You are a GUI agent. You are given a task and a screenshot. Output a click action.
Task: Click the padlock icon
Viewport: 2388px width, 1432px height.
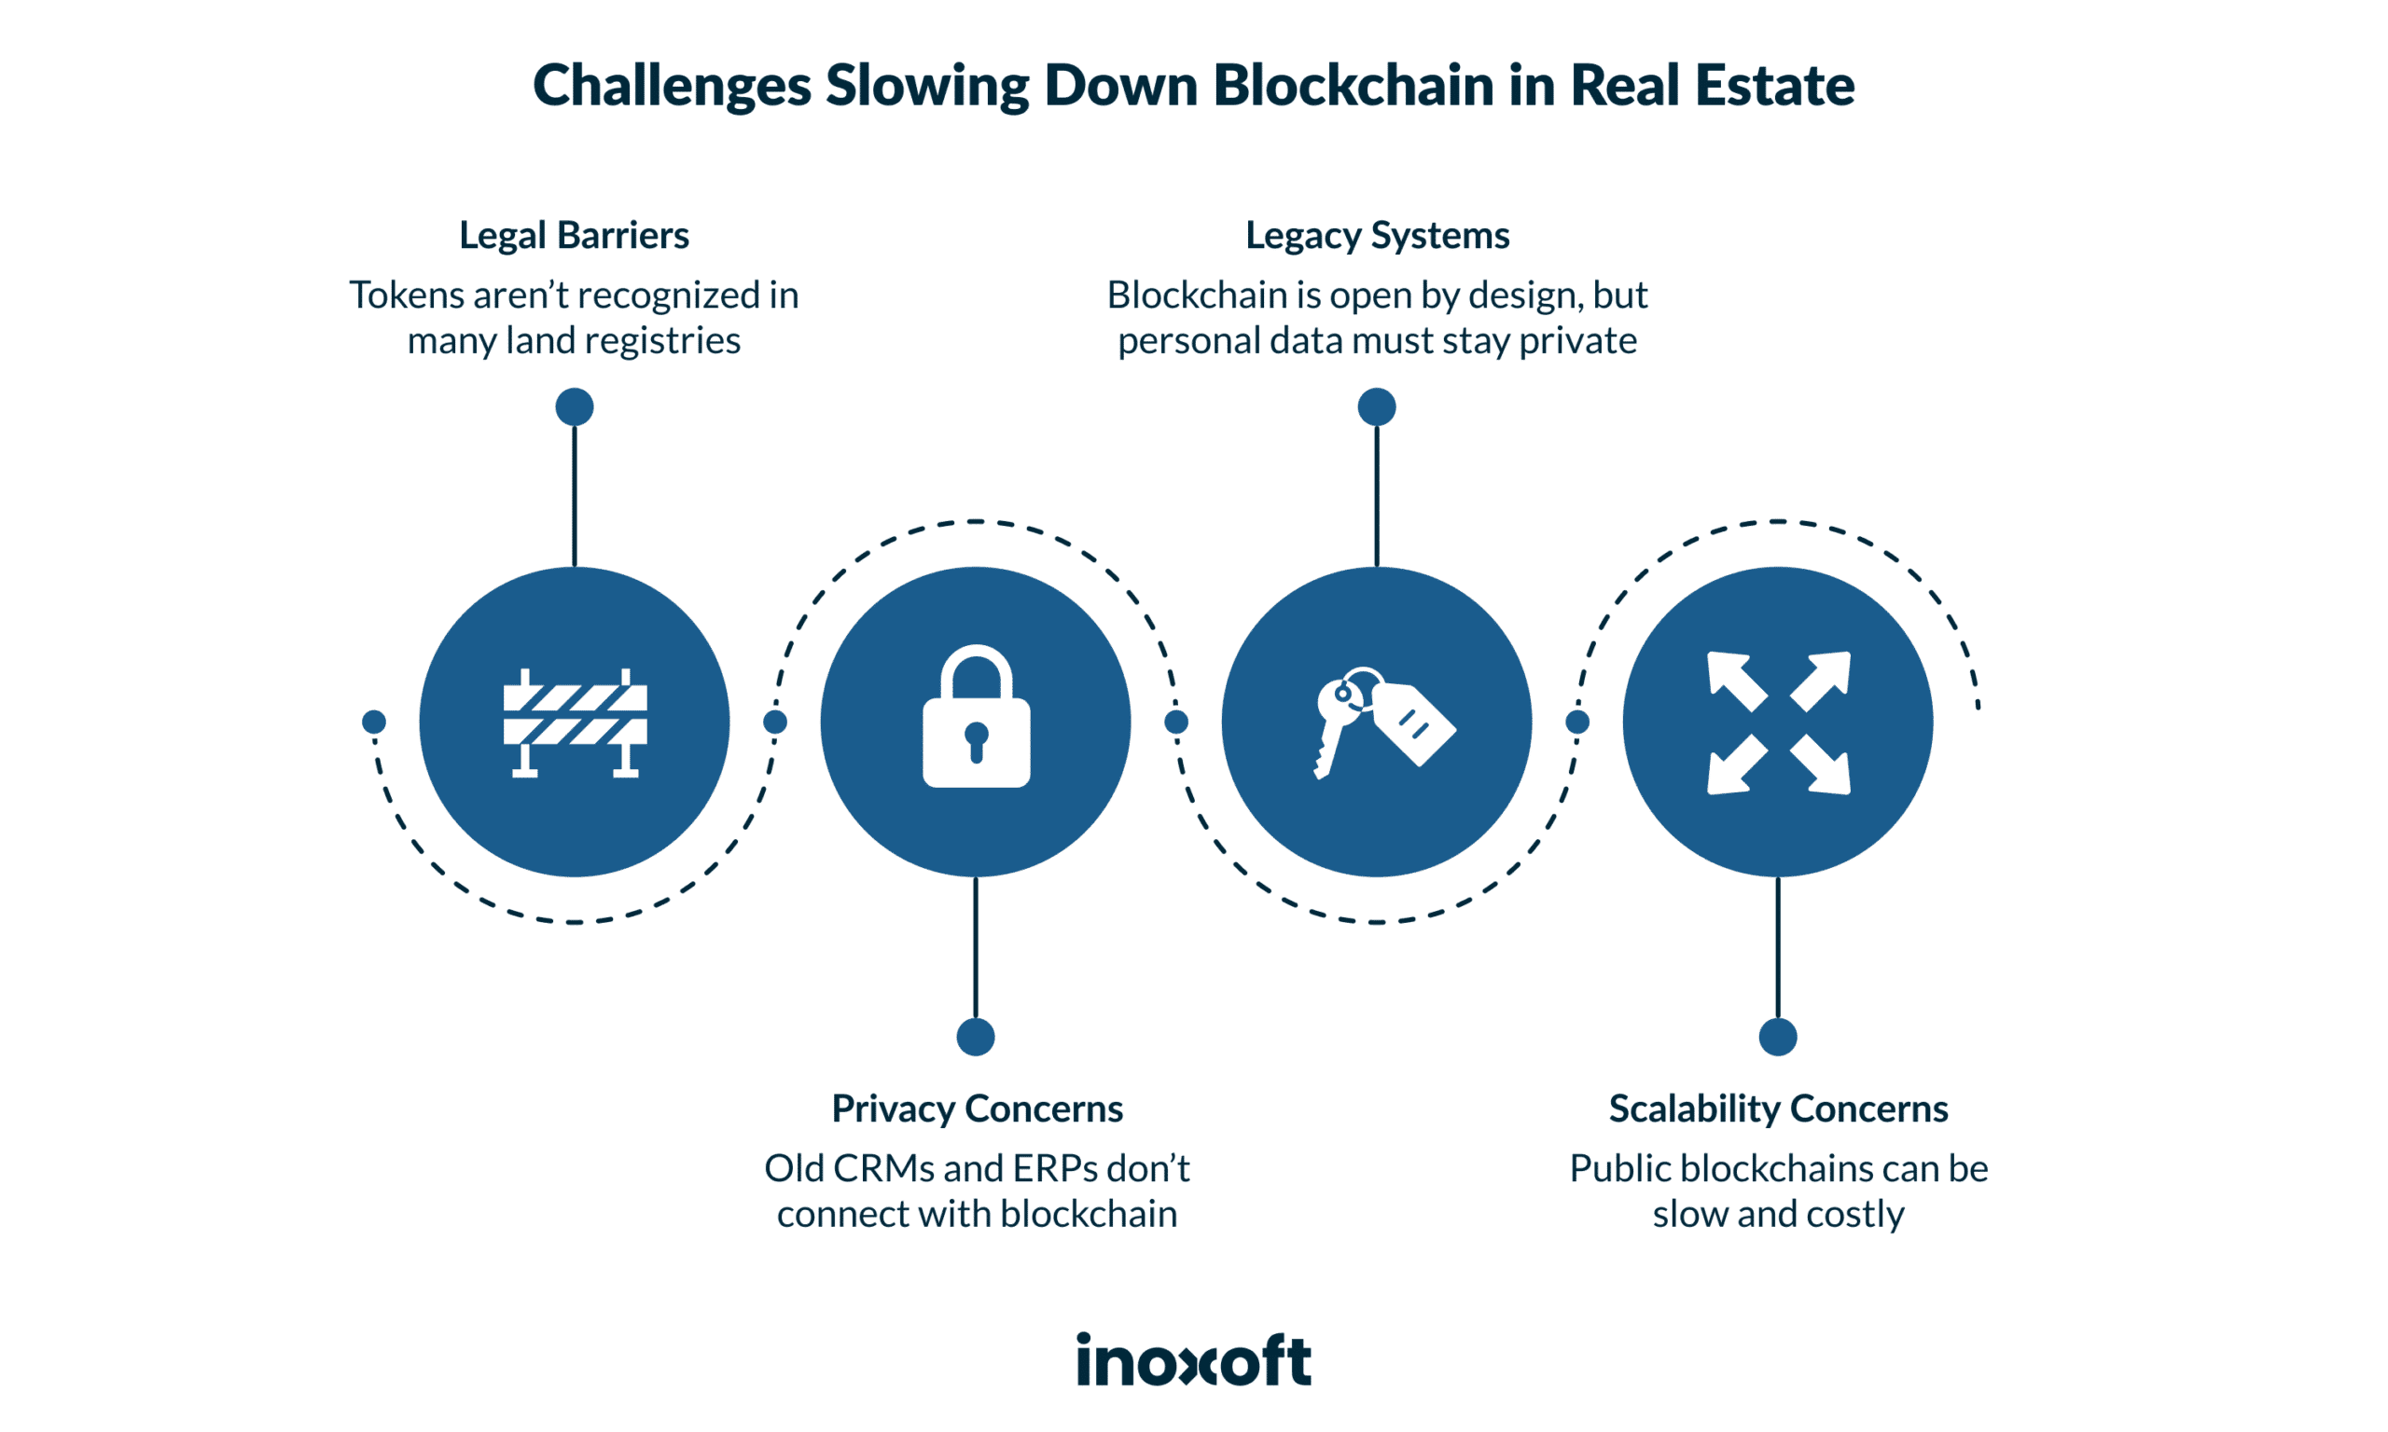click(976, 719)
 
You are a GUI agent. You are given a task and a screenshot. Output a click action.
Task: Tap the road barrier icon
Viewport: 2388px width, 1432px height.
click(575, 723)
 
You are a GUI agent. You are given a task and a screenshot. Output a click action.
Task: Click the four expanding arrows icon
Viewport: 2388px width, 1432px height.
click(1778, 723)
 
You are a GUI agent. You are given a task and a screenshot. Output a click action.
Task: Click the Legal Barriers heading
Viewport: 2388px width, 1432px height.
click(574, 236)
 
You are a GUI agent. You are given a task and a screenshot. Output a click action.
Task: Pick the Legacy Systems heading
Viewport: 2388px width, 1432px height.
click(1377, 236)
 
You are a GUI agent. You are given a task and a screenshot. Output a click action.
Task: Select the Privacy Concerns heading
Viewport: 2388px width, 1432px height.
click(977, 1108)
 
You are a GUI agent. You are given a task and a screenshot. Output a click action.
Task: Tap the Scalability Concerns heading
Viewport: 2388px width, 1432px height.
click(1778, 1108)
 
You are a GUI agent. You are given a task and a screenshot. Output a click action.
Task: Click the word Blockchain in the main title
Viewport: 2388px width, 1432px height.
click(1354, 85)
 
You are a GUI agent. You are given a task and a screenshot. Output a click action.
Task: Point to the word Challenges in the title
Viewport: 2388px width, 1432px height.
click(672, 87)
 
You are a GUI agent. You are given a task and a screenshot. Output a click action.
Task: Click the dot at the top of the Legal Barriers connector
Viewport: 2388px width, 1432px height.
click(575, 407)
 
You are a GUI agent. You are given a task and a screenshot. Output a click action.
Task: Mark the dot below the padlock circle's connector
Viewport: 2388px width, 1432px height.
click(976, 1038)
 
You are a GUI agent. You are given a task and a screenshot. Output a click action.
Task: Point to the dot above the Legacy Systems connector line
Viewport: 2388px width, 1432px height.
click(1377, 407)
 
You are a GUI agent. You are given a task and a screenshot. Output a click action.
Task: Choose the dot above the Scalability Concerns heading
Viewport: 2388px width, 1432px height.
click(1778, 1038)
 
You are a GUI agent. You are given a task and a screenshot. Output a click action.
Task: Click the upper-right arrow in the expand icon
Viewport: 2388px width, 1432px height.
click(1824, 679)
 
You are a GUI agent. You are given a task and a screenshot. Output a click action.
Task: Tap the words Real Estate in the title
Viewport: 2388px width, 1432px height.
click(1712, 85)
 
